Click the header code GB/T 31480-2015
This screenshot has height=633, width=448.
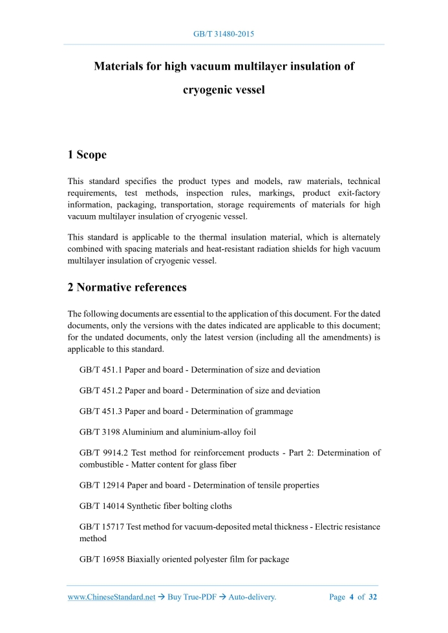coord(224,33)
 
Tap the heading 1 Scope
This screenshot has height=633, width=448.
coord(87,154)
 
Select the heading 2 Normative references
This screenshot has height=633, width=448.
coord(127,287)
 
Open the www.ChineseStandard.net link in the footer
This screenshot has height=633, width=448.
coord(112,597)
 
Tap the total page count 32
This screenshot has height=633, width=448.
coord(372,597)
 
